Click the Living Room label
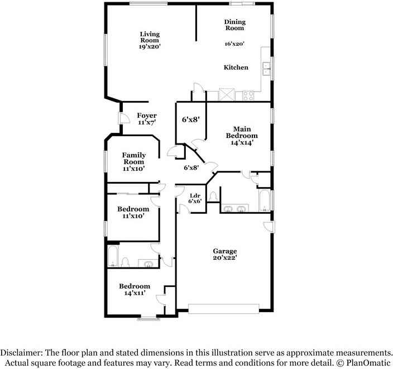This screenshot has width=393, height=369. tap(149, 37)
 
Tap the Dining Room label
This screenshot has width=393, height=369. tap(234, 25)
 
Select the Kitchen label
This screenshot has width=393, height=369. tap(236, 68)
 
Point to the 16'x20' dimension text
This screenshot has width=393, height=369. tap(234, 44)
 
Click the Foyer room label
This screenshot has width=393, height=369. tap(147, 116)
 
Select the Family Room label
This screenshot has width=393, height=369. tap(134, 159)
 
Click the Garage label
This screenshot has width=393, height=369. tap(224, 251)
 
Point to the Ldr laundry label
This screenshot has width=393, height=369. tap(195, 195)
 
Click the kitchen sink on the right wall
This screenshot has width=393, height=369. tap(267, 70)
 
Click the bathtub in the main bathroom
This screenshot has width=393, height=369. tap(265, 200)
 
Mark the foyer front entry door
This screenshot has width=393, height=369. tap(121, 118)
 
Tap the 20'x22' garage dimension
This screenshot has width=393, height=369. tap(224, 258)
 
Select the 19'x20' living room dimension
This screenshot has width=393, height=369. tap(149, 47)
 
